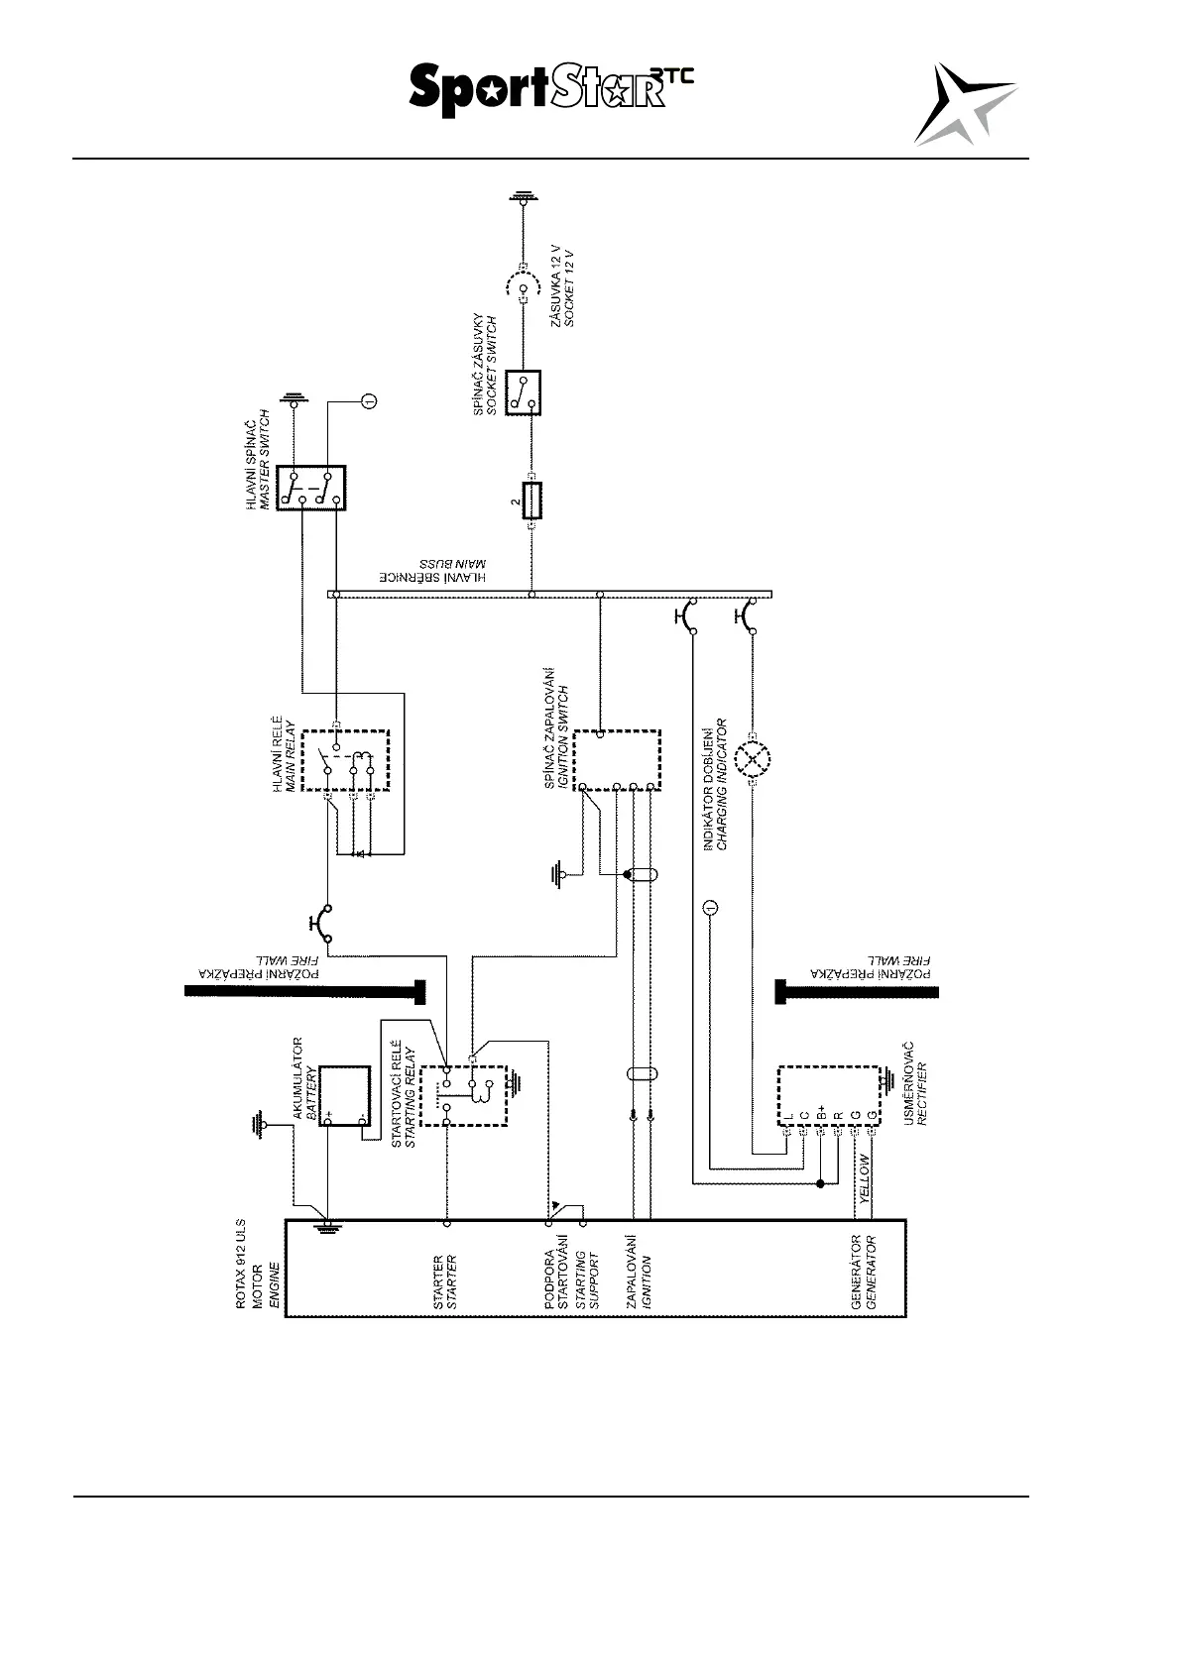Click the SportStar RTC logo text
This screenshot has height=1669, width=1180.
[x=550, y=91]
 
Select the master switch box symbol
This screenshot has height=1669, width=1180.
[x=310, y=488]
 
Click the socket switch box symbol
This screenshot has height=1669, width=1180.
[x=523, y=392]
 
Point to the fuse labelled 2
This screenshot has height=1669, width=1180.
[x=532, y=501]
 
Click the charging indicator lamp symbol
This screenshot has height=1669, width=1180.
[x=754, y=760]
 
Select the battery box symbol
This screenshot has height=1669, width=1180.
[x=344, y=1096]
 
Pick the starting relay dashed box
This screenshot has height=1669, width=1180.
[x=463, y=1096]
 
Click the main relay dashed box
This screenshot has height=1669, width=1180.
[x=345, y=761]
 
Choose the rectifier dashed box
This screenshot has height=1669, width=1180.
[x=828, y=1096]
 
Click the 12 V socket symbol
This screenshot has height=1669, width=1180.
[x=523, y=287]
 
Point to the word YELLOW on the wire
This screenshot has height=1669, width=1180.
[x=865, y=1178]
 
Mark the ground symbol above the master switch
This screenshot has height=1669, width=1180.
[x=294, y=400]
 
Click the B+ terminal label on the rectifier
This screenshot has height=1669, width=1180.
[x=821, y=1113]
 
